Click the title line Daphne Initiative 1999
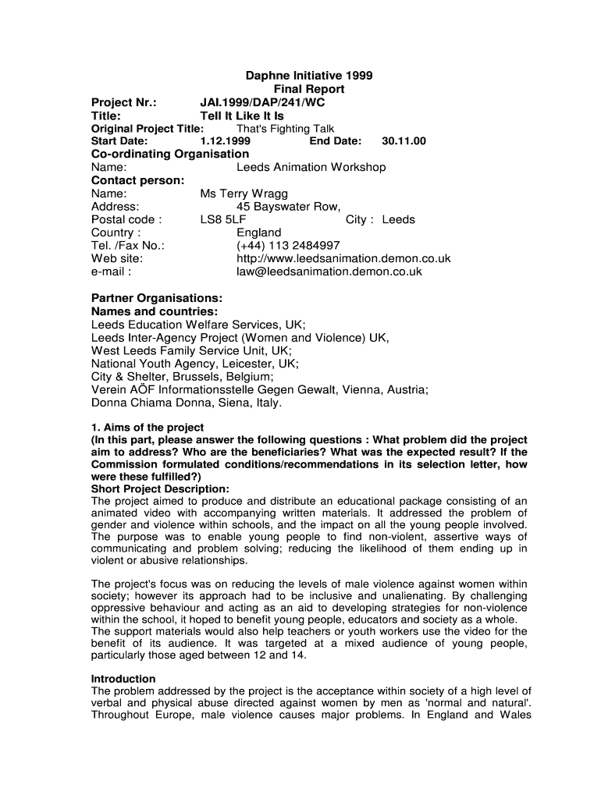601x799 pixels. click(309, 76)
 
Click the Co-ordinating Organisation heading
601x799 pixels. click(170, 154)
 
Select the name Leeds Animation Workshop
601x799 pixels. click(311, 167)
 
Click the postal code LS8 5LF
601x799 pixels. click(222, 220)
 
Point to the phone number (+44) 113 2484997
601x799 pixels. click(288, 246)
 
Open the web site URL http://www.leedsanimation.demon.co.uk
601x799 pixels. click(343, 259)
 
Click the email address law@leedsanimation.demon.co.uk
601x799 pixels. click(329, 272)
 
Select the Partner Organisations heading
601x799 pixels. click(157, 299)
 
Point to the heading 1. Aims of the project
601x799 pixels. click(148, 428)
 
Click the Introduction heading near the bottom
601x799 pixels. click(123, 679)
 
